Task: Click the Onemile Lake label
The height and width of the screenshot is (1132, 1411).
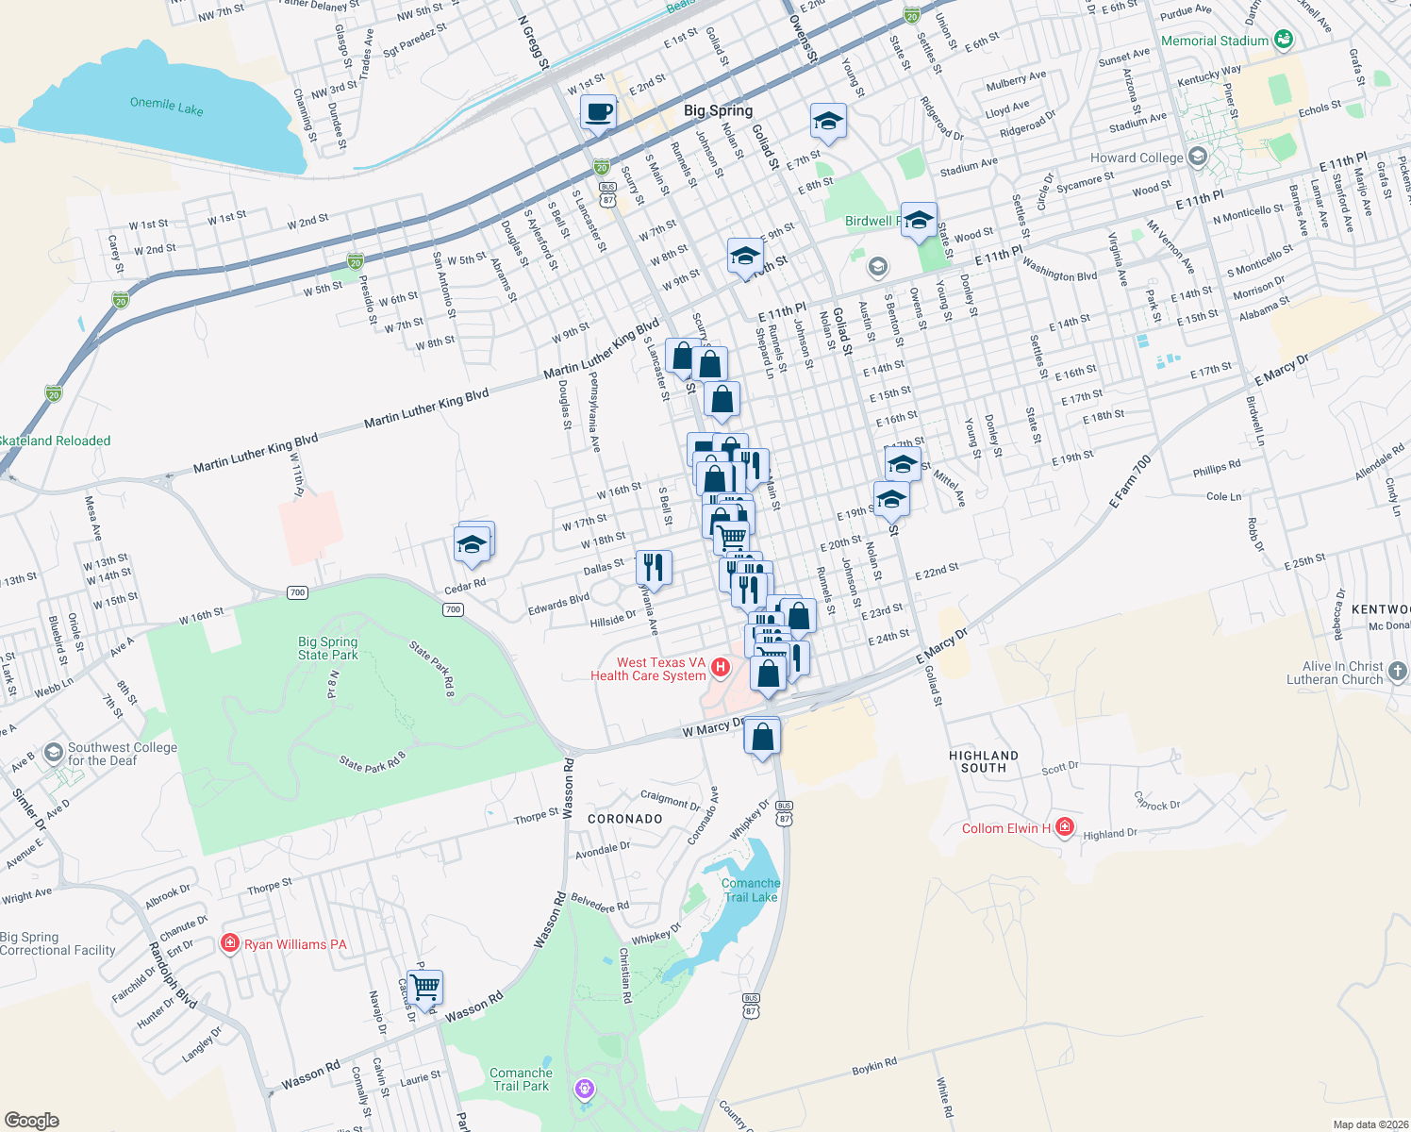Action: [167, 106]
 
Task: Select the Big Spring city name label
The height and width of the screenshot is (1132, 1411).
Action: [718, 110]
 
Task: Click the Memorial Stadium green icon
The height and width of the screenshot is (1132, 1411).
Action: [1283, 40]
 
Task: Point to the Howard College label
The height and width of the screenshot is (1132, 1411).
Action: [1136, 158]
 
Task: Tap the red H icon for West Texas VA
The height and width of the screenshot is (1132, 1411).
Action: [721, 668]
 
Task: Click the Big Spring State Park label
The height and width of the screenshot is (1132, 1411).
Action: [328, 648]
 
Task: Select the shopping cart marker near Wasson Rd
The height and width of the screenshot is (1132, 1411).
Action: [425, 988]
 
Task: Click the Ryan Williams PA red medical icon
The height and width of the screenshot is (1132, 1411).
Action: [229, 943]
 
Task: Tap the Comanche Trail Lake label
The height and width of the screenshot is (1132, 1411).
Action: [751, 890]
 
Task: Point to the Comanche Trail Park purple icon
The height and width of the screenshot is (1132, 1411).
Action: [585, 1090]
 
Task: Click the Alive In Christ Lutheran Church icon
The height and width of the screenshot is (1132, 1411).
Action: [1398, 672]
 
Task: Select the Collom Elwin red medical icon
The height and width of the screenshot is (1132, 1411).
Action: [1065, 827]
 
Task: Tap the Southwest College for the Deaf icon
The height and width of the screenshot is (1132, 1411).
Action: [53, 752]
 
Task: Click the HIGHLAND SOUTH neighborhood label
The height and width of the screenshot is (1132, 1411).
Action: [984, 761]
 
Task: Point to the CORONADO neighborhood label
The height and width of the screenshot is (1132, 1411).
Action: [624, 819]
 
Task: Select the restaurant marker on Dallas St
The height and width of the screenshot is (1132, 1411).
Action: [653, 568]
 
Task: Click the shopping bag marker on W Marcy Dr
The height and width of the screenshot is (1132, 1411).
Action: [762, 736]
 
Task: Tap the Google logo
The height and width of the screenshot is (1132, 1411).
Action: [31, 1120]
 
